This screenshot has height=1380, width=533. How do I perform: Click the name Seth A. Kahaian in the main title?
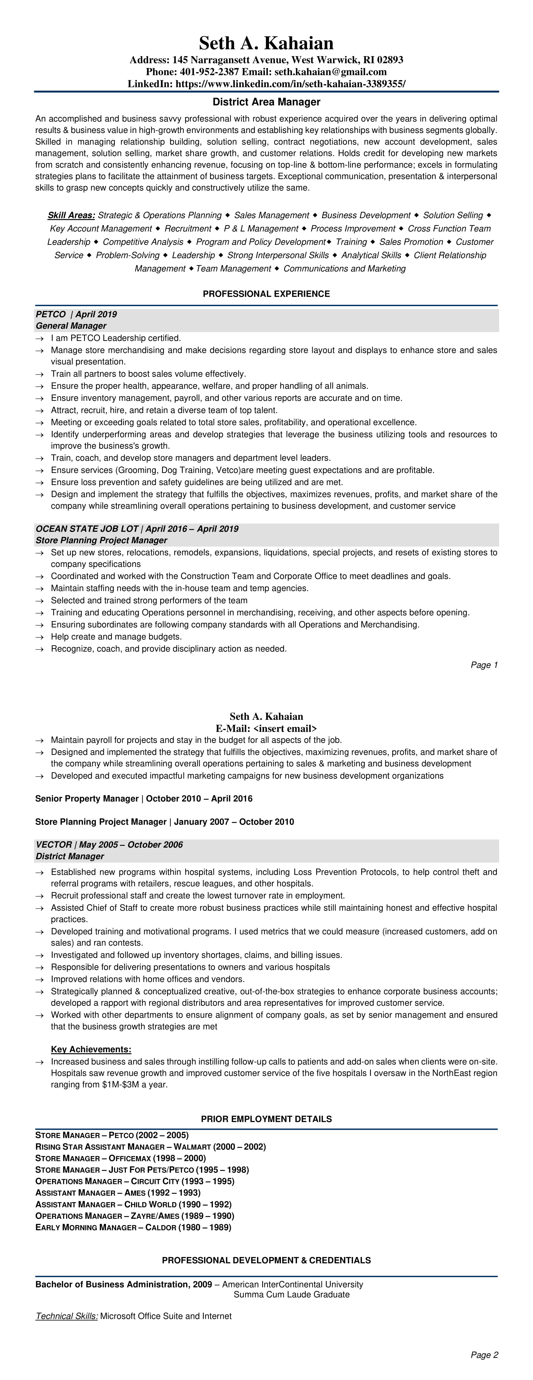tap(266, 43)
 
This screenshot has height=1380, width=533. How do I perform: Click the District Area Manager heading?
tap(266, 102)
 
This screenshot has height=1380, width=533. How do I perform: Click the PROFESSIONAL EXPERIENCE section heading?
tap(266, 294)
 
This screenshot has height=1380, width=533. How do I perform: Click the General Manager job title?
tap(71, 326)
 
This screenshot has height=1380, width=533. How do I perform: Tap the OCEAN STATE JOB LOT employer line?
tap(137, 529)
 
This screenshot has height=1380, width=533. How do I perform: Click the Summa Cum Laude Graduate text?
tap(291, 1295)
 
